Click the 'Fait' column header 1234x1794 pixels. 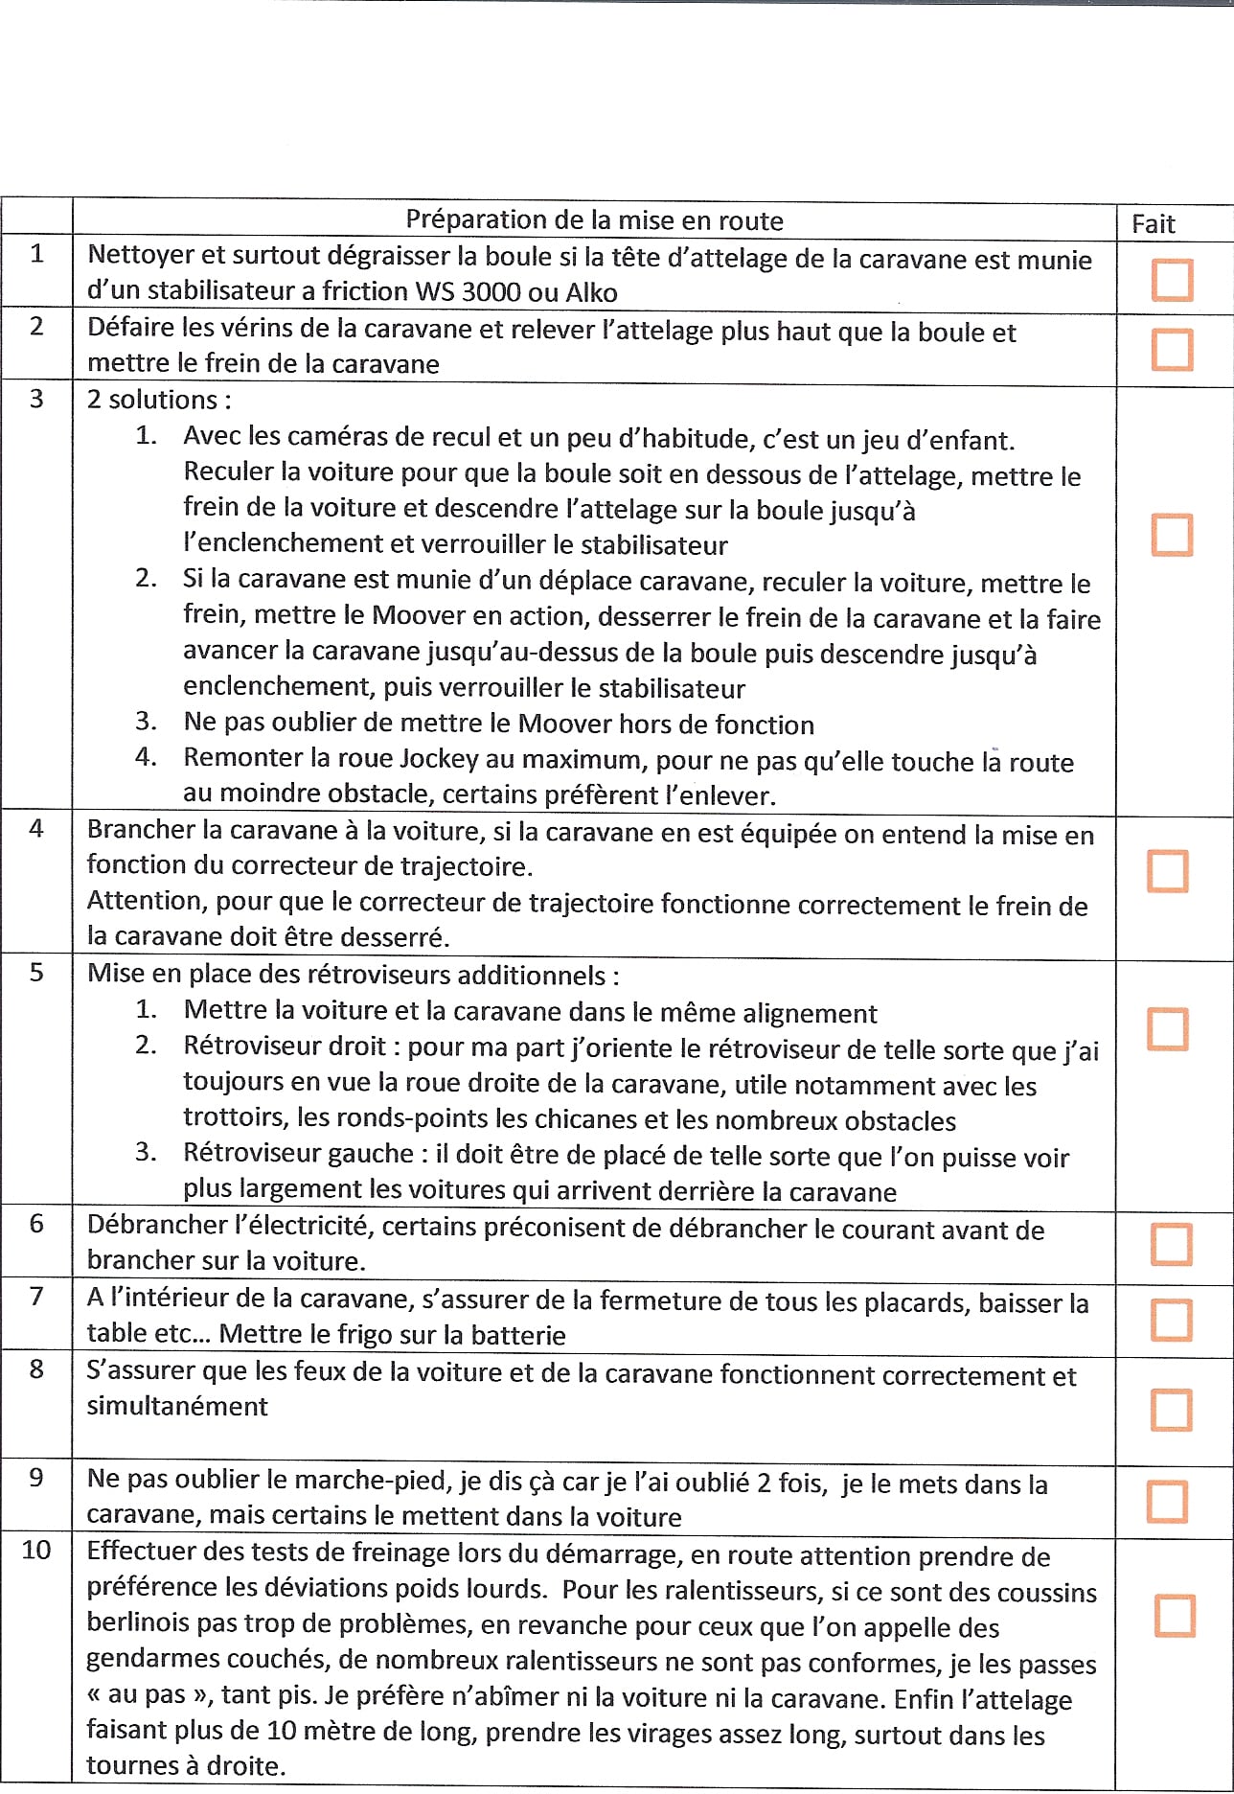coord(1153,224)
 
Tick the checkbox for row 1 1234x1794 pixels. coord(1172,280)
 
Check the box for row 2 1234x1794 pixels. coord(1172,350)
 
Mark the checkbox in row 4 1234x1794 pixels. coord(1168,871)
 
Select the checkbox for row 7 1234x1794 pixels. coord(1171,1320)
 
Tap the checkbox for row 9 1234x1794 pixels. coord(1168,1502)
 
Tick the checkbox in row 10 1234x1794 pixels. coord(1175,1616)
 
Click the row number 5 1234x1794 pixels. coord(36,973)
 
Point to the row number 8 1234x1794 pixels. coord(36,1369)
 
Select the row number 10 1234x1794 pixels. coord(36,1550)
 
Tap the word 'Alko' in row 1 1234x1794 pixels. coord(591,292)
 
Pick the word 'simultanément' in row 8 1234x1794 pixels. coord(177,1406)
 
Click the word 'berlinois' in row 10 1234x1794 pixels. coord(146,1622)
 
